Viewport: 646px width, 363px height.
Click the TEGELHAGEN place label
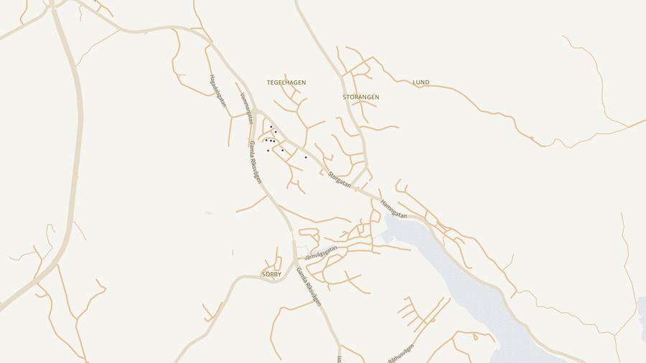tap(286, 82)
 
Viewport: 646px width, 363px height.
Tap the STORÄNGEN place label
tap(361, 97)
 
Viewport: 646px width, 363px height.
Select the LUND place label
tap(421, 82)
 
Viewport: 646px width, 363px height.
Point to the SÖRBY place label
tap(271, 275)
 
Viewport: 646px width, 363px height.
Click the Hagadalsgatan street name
tap(217, 91)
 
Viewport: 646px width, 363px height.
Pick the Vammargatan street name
tap(245, 108)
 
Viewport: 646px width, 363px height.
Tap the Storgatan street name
tap(340, 179)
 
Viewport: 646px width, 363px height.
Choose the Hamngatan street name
tap(393, 209)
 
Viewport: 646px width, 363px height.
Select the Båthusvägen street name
tap(401, 352)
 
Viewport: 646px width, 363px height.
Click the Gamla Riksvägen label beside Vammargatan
tap(256, 162)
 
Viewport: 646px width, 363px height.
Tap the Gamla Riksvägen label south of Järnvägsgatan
tap(309, 287)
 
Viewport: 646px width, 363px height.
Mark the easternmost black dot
tap(306, 157)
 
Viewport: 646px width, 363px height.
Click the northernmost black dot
tap(271, 127)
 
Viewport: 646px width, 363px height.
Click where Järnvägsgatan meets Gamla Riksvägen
tap(295, 260)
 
